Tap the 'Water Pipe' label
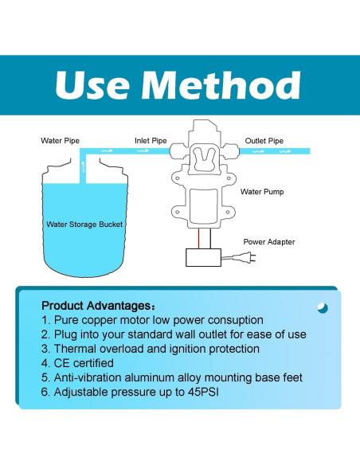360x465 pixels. pyautogui.click(x=61, y=141)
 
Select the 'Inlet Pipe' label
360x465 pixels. pyautogui.click(x=150, y=141)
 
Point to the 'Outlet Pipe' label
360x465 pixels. pyautogui.click(x=264, y=141)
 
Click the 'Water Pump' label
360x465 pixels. pyautogui.click(x=262, y=192)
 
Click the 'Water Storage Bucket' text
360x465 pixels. pyautogui.click(x=84, y=225)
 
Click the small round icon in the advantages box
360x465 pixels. pyautogui.click(x=322, y=307)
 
